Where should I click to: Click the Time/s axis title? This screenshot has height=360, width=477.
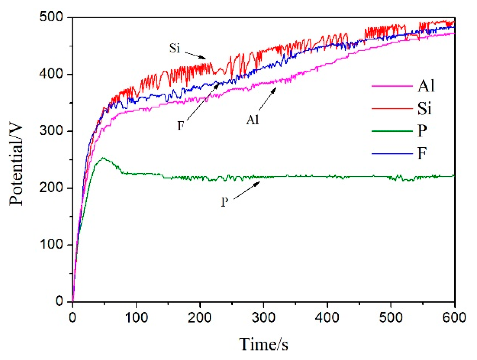pos(264,344)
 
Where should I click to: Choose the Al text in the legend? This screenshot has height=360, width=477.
pos(426,86)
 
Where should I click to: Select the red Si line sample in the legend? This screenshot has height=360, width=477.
pos(392,108)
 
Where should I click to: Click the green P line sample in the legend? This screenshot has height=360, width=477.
pos(392,131)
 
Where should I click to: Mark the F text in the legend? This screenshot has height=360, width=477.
pos(422,153)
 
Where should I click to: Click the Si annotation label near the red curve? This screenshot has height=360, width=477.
pos(175,48)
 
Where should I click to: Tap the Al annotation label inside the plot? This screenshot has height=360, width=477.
pos(252,120)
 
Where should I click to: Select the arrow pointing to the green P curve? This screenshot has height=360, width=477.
pos(247,191)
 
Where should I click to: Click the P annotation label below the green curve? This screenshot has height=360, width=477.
pos(225,202)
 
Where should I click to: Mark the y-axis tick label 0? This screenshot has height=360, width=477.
pos(59,301)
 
